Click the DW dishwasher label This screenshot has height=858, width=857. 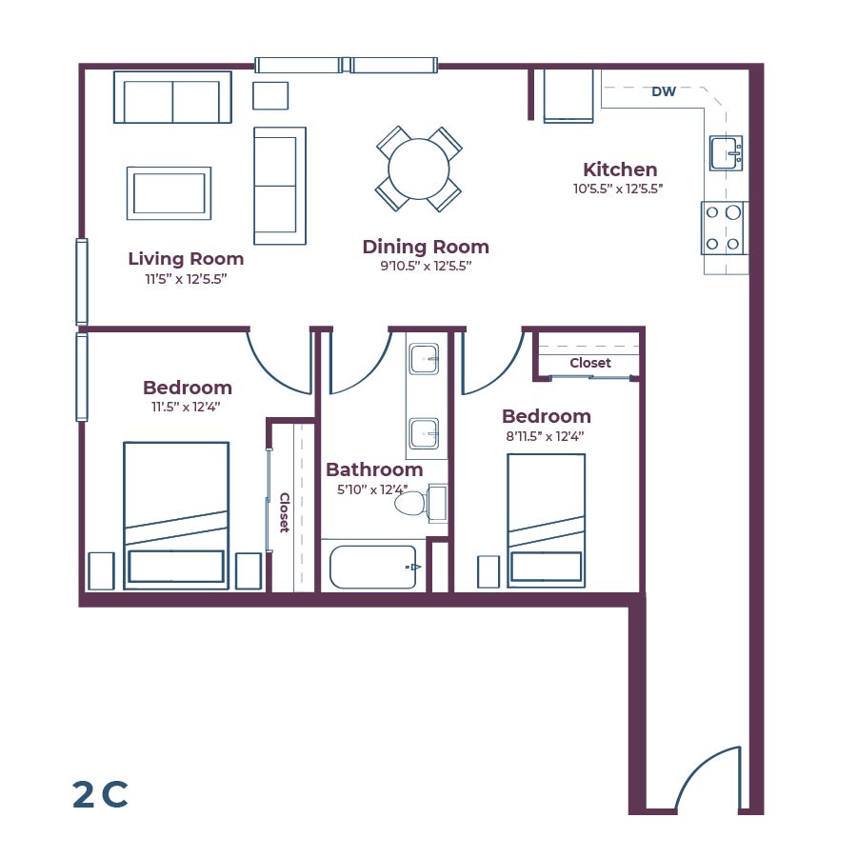coord(664,92)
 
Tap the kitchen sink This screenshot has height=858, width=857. coord(727,152)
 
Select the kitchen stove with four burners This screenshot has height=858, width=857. coord(724,229)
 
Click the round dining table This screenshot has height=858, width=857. coord(419,169)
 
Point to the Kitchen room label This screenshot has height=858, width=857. coord(620,170)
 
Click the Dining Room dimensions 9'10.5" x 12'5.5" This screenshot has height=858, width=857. coord(426,267)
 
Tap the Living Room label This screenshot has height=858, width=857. coord(186,258)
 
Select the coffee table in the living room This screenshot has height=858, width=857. coord(169,193)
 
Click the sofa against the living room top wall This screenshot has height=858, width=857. coord(172,97)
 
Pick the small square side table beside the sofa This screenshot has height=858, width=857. coord(270,95)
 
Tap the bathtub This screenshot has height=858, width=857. coord(373,568)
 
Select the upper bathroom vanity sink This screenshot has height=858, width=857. coord(425,360)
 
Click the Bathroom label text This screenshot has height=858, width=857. coord(374,469)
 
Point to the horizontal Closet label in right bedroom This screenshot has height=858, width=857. coord(590,363)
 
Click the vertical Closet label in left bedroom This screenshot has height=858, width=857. coord(284,512)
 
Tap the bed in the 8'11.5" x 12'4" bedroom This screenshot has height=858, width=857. coord(546,521)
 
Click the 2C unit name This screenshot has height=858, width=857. coord(100,794)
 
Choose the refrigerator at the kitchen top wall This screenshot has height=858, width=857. coord(568,95)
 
